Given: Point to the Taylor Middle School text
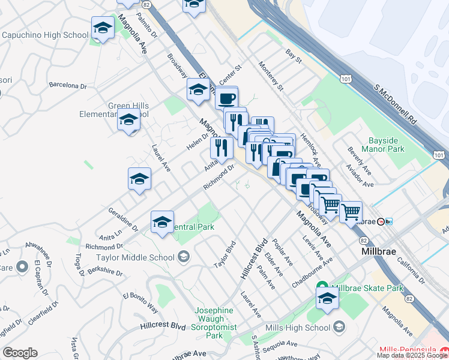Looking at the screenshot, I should coord(135,257).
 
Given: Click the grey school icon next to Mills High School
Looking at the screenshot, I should coord(339,327).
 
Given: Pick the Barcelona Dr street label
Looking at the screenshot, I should coord(68,86).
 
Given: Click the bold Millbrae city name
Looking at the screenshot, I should coord(379,251).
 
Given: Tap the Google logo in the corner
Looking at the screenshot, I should coord(20,353).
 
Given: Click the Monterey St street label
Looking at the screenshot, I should coord(270,76).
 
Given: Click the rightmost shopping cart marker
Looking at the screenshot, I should coord(351,211).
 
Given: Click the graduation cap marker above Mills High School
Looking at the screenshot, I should coord(327,299).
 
